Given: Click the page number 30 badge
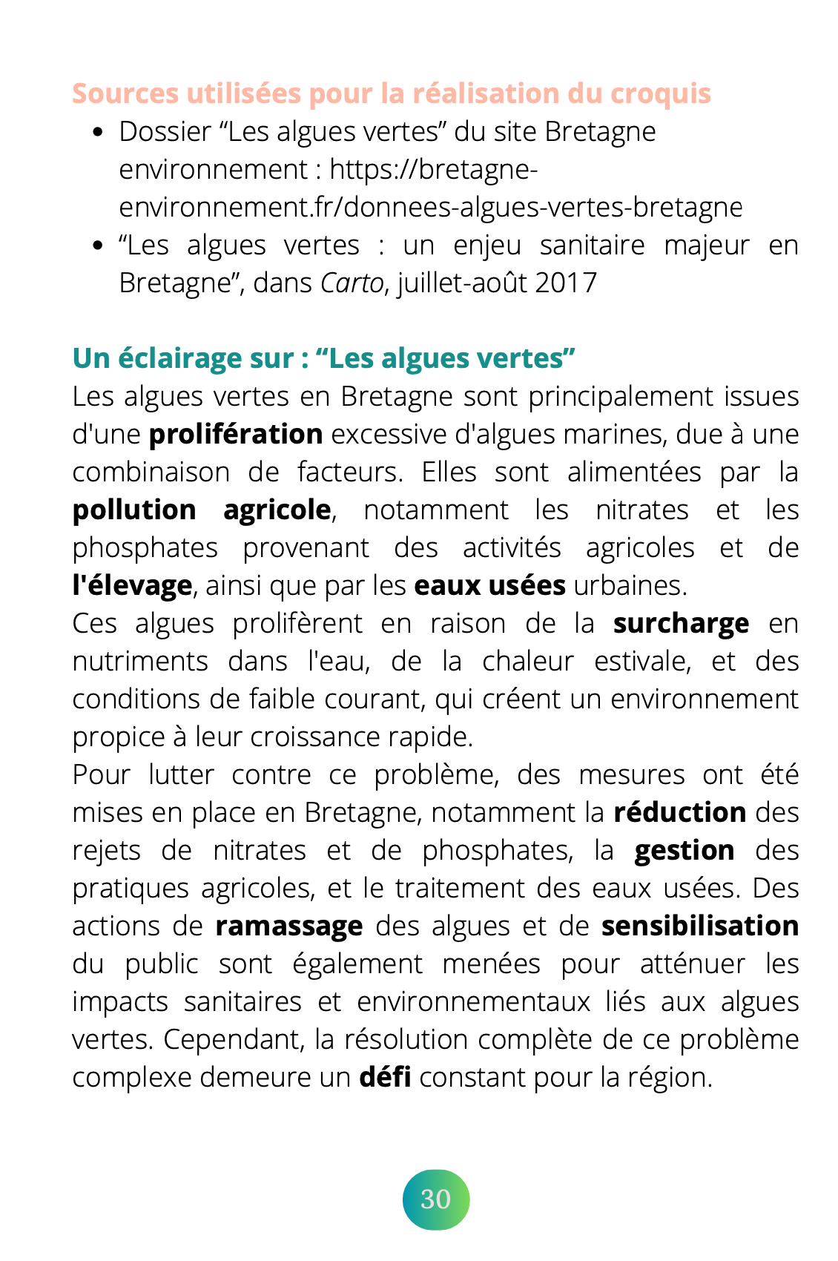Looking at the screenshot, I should (x=436, y=1199).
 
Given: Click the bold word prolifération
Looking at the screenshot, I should (x=236, y=435).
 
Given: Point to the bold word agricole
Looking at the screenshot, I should (x=277, y=510).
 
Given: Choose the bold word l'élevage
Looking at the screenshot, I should (x=132, y=586).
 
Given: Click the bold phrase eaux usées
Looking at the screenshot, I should (x=489, y=586).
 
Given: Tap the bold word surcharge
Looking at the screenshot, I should (x=681, y=624).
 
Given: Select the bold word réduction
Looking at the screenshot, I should (x=679, y=813).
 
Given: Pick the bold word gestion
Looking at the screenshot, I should (x=684, y=851).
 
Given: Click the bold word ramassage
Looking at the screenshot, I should (x=289, y=926).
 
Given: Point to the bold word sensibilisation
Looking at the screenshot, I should (x=699, y=926).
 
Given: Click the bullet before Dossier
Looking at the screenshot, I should (x=97, y=134).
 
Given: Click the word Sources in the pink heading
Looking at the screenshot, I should (x=125, y=94).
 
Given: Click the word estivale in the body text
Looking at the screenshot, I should (x=641, y=662).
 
